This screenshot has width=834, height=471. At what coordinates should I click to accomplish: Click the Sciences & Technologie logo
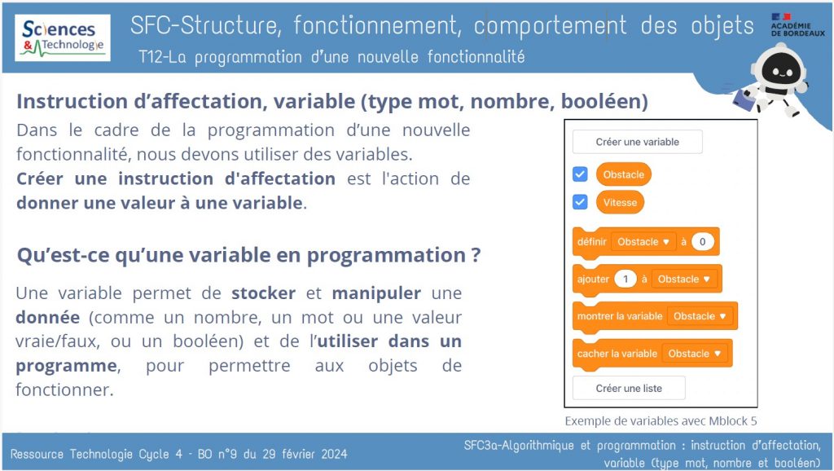63,37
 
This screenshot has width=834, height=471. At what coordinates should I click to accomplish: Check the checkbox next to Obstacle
580,174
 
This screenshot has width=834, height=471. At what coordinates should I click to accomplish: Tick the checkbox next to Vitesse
580,201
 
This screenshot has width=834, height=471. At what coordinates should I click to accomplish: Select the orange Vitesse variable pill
620,201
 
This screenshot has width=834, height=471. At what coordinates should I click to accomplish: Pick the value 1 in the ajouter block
625,279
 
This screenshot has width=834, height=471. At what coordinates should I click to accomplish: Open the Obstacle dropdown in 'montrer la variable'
699,316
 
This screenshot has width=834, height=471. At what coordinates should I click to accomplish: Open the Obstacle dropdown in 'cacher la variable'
694,354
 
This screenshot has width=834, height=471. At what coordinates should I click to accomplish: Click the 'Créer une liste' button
629,388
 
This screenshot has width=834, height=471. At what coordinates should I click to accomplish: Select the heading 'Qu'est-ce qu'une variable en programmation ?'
248,255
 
